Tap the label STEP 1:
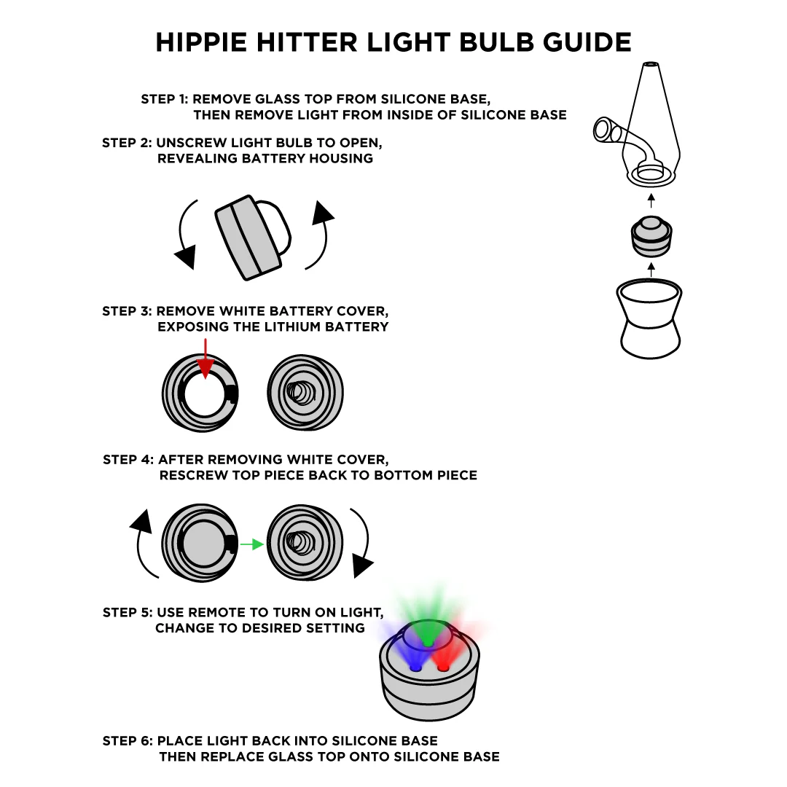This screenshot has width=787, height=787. click(165, 99)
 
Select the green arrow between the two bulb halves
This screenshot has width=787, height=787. click(251, 544)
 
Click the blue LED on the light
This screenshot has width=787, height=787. click(416, 666)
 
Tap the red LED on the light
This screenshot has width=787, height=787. click(442, 666)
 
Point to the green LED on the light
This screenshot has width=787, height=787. click(428, 643)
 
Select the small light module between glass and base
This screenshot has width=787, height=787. click(651, 237)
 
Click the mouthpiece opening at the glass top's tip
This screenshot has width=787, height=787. click(651, 66)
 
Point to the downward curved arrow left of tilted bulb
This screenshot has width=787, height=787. click(185, 233)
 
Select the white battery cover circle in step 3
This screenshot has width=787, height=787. click(205, 394)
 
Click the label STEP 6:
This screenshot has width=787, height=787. click(127, 741)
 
